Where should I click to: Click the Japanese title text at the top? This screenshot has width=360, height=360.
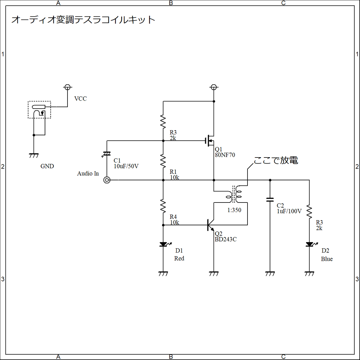coord(83,20)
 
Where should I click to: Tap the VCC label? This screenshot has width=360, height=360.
coord(80,99)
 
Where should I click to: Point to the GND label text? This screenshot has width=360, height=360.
coord(47,166)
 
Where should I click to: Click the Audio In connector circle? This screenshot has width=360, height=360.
coord(107,180)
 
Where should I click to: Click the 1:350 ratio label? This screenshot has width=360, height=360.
coord(234,210)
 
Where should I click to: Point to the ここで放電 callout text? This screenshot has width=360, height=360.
coord(276,160)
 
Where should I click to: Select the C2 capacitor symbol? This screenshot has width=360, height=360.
coord(270,199)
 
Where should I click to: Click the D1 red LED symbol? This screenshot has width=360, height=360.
coord(163,244)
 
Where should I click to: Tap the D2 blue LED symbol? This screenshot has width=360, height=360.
coord(309,244)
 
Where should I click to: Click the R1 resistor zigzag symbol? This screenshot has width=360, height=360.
coord(163,161)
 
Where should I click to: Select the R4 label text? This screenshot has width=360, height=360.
coord(173,217)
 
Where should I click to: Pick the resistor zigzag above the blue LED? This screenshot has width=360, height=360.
coord(309,211)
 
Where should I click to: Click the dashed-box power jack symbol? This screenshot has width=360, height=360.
coord(39,110)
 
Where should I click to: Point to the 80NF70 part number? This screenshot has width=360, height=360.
coord(225,155)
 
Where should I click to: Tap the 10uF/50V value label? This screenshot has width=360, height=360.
coord(126,166)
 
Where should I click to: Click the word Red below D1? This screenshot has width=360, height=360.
coord(179,258)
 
